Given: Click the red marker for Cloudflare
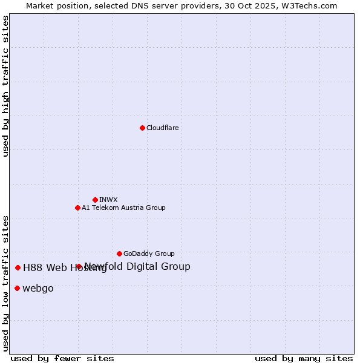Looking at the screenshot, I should [x=142, y=128].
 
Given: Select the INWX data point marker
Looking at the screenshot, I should [x=95, y=200].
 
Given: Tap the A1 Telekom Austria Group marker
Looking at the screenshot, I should [x=77, y=208].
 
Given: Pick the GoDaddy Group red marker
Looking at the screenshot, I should [x=119, y=253].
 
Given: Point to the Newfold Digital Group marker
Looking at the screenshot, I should [x=79, y=266].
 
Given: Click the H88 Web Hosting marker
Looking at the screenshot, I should [x=18, y=267].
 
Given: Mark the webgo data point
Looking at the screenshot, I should [x=17, y=288].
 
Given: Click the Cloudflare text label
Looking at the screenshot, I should [x=163, y=128].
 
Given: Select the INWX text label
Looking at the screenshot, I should [x=109, y=200].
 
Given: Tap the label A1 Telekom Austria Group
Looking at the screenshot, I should [x=124, y=208].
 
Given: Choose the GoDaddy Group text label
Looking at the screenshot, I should [x=149, y=253].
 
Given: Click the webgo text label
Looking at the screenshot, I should [x=38, y=289].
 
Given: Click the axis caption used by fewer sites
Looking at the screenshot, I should [x=62, y=358].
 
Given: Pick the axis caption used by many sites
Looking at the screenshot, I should [x=304, y=358].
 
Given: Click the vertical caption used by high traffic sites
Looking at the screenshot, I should [x=5, y=86].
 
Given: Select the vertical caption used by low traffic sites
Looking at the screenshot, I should [x=5, y=283].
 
